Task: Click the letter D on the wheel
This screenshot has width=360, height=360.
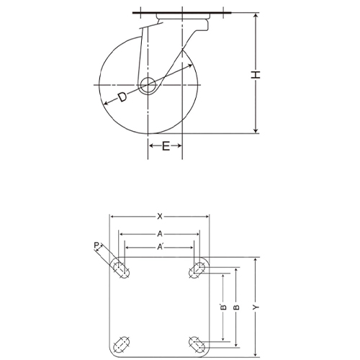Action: coord(122,98)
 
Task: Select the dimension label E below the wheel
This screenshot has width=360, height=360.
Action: coord(166,146)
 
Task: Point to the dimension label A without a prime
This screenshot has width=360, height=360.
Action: coord(159,234)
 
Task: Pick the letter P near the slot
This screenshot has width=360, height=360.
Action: coord(96,246)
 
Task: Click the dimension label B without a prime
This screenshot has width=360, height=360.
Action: coord(235,307)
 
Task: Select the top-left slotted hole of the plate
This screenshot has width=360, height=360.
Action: coord(120,270)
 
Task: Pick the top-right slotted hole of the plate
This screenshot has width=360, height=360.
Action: coord(197,270)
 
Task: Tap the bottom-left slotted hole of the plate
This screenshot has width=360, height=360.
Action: coord(120,342)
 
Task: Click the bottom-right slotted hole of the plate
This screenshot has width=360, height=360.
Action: coord(197,342)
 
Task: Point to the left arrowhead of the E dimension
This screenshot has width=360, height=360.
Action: coord(150,145)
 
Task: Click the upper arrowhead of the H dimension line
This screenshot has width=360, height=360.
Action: coord(256,15)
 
